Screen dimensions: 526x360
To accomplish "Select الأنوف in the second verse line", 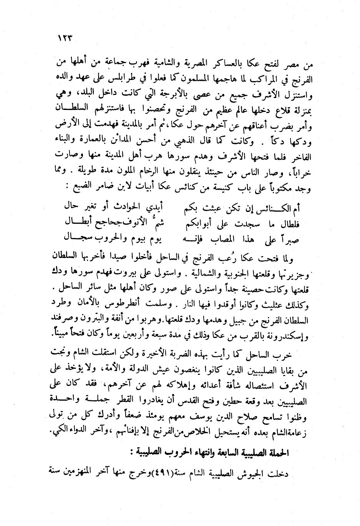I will click(140, 222).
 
